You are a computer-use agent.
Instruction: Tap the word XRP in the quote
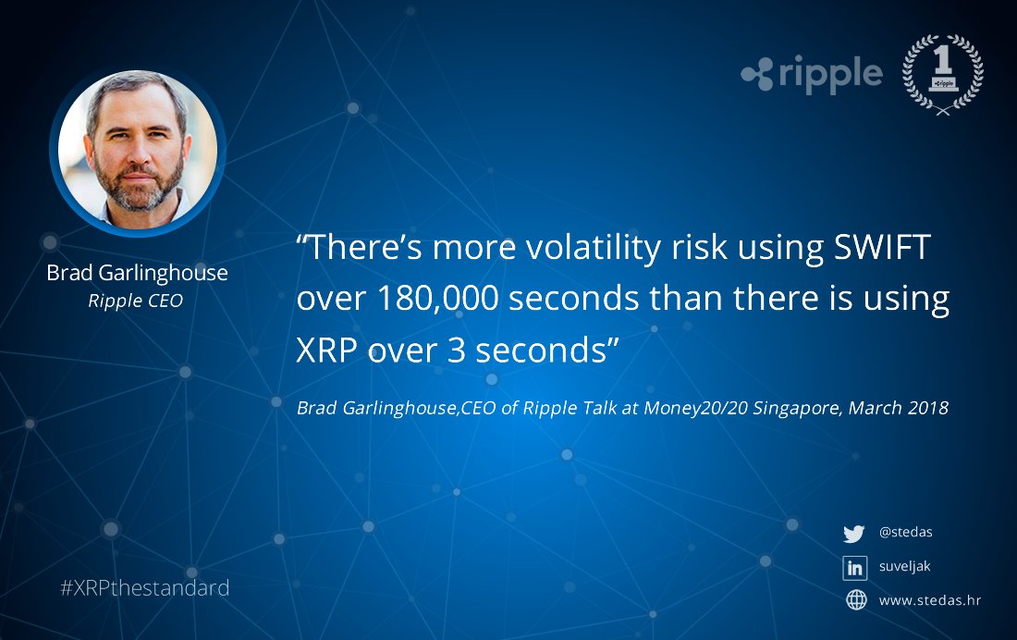click(328, 351)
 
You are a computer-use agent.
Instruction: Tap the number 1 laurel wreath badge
click(942, 74)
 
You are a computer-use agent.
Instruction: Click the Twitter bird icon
click(853, 534)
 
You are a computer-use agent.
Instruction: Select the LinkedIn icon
click(854, 567)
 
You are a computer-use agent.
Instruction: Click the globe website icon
click(856, 600)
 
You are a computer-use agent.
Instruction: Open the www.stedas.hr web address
click(929, 600)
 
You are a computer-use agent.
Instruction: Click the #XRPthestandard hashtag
click(144, 588)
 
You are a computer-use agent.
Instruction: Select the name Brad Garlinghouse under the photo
click(137, 274)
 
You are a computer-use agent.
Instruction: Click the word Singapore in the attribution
click(796, 408)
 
